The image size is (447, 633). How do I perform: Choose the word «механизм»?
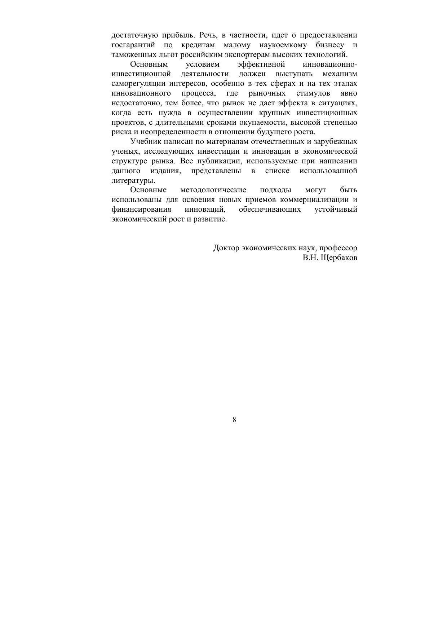(x=340, y=74)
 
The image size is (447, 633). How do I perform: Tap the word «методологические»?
(x=213, y=190)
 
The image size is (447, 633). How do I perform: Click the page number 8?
(x=234, y=419)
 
